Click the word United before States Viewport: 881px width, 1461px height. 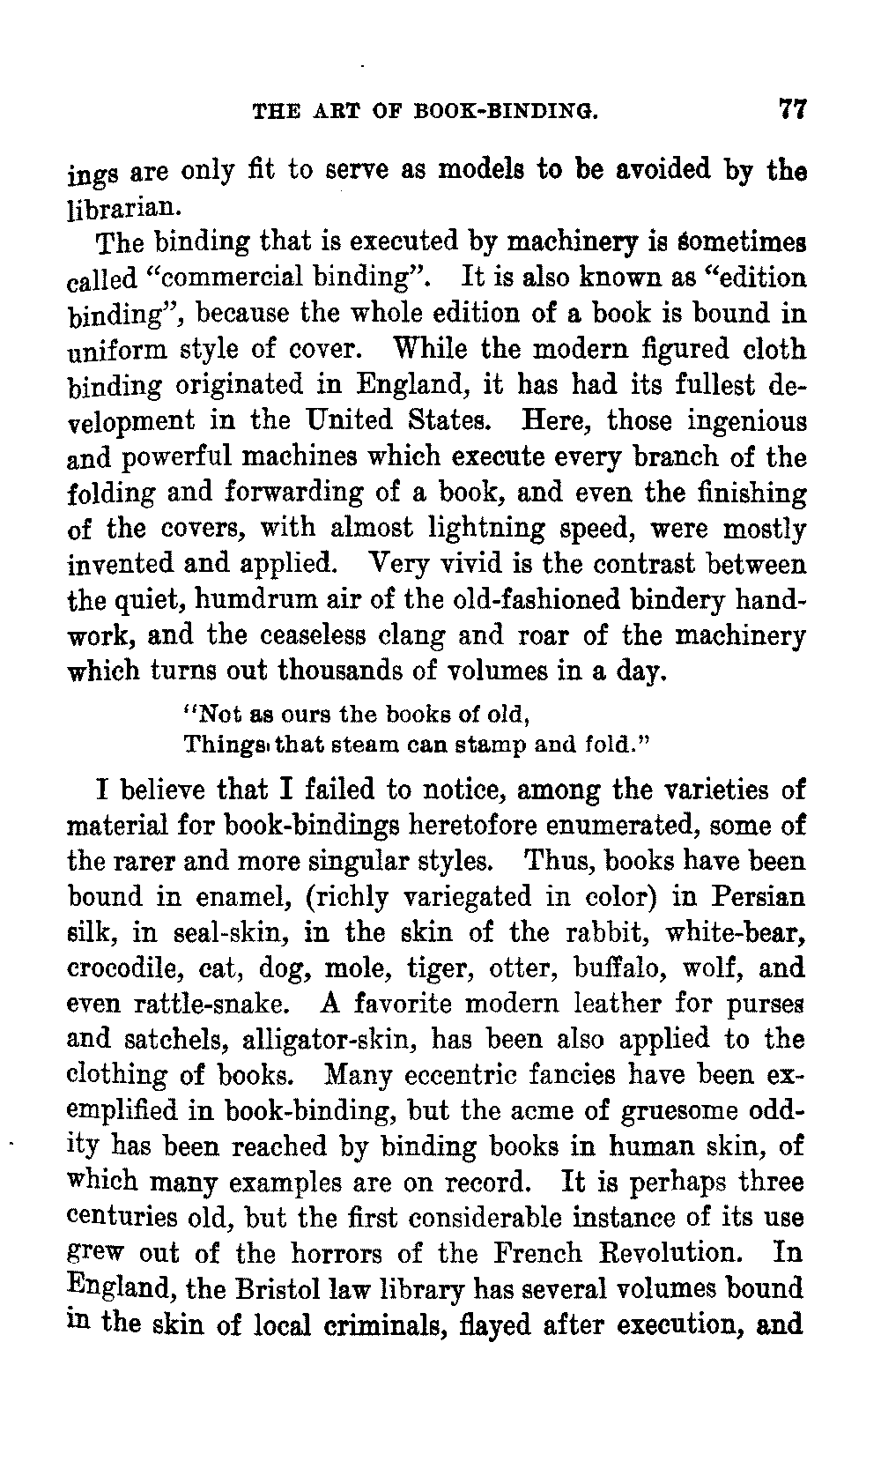click(x=337, y=420)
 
